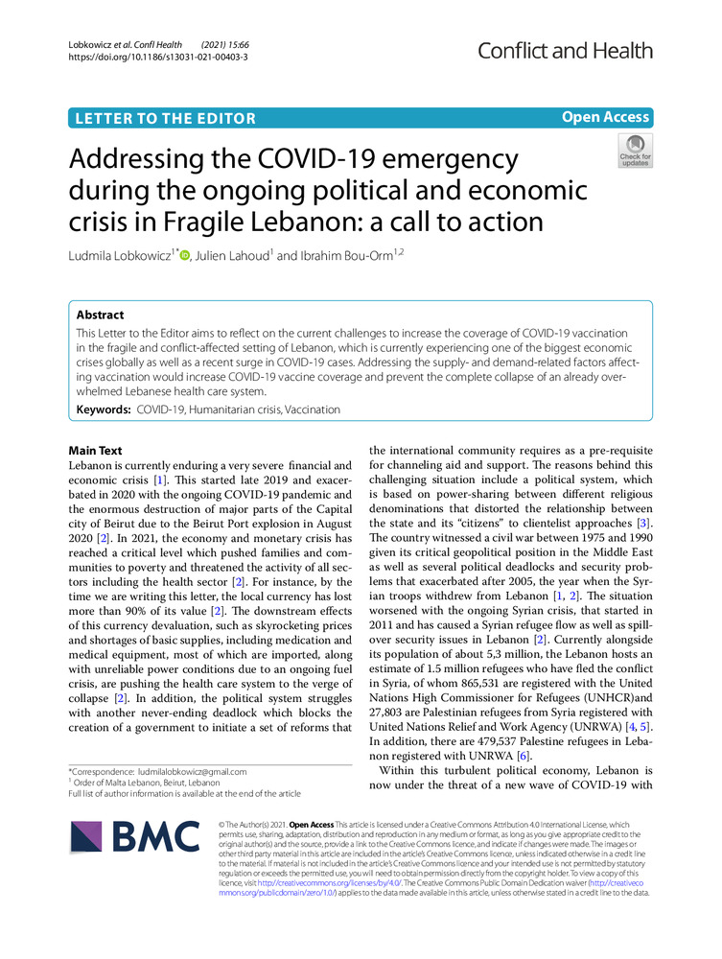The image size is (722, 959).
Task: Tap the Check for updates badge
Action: coord(635,150)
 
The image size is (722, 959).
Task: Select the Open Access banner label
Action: coord(605,117)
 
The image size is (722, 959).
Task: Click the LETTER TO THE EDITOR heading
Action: coord(163,119)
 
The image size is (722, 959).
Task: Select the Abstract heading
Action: coord(100,314)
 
